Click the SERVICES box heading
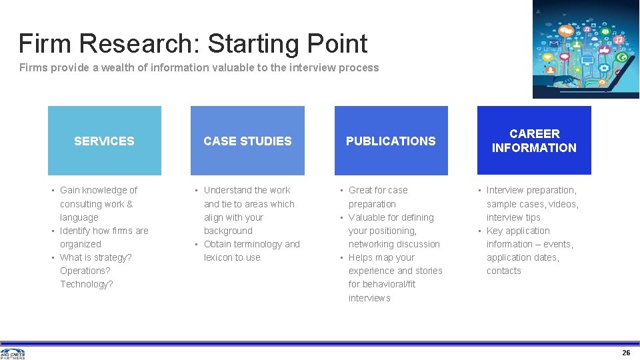[104, 141]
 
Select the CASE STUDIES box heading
[247, 141]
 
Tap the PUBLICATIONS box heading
[391, 141]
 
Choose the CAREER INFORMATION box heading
[534, 141]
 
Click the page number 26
[626, 352]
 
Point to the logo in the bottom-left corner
[13, 353]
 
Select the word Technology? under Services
[87, 284]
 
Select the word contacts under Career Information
[504, 271]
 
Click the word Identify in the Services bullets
[75, 231]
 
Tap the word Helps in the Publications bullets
[361, 257]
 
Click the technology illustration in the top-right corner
[585, 49]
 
